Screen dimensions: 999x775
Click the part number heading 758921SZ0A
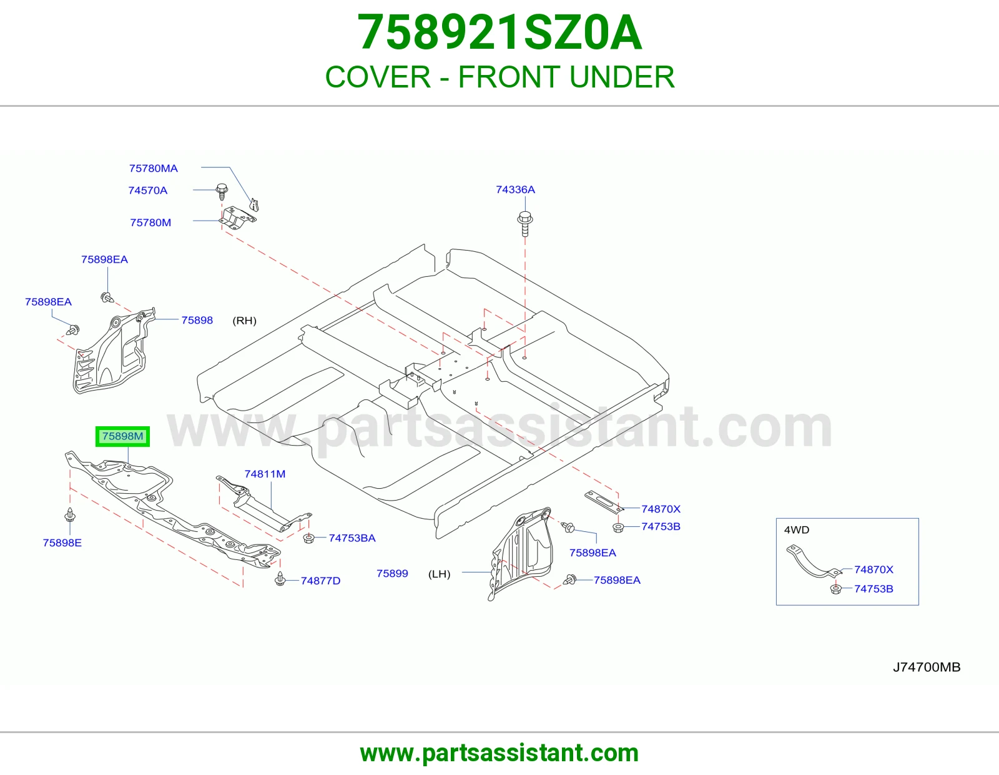click(x=499, y=32)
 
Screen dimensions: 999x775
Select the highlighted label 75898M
click(x=123, y=436)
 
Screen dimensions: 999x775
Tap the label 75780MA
click(x=154, y=169)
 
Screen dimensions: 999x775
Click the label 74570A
click(x=147, y=191)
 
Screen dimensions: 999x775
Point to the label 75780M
click(x=151, y=222)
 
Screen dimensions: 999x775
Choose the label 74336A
click(x=515, y=189)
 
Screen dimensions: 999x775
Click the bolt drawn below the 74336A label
click(x=525, y=224)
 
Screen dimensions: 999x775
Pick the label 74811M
click(x=265, y=474)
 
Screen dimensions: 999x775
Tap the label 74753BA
click(x=352, y=538)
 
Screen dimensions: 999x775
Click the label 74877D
click(x=320, y=581)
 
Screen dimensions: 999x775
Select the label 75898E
click(x=62, y=543)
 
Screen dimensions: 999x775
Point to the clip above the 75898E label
click(x=70, y=515)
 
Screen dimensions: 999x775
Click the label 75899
click(x=392, y=573)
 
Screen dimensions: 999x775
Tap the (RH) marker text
click(x=245, y=321)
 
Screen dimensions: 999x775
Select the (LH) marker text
click(x=439, y=574)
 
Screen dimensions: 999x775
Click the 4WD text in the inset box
click(x=797, y=530)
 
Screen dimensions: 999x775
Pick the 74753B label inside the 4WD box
click(x=874, y=589)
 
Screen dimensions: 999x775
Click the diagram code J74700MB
click(x=927, y=667)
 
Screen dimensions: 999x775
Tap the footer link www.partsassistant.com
click(x=499, y=753)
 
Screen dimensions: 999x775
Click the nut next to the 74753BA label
click(x=309, y=537)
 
